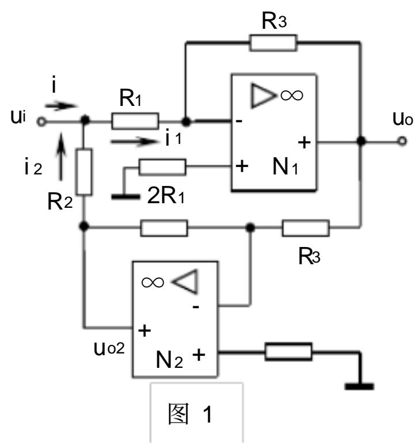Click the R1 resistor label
coord(130,98)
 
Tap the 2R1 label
coord(166,196)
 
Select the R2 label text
coord(60,201)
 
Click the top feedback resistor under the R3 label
coord(273,43)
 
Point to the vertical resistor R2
coord(84,172)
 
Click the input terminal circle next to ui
coord(41,121)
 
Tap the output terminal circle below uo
coord(402,141)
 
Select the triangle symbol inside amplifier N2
coord(185,282)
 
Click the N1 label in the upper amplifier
coord(285,166)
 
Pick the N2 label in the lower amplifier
coord(169,360)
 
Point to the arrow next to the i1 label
coord(134,141)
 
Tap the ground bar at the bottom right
coord(359,386)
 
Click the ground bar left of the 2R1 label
coord(125,196)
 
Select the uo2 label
coord(109,348)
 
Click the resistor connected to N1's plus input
coord(162,167)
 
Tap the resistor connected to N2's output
coord(288,352)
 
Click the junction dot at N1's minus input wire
coord(186,121)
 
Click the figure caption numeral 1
coord(208,414)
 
